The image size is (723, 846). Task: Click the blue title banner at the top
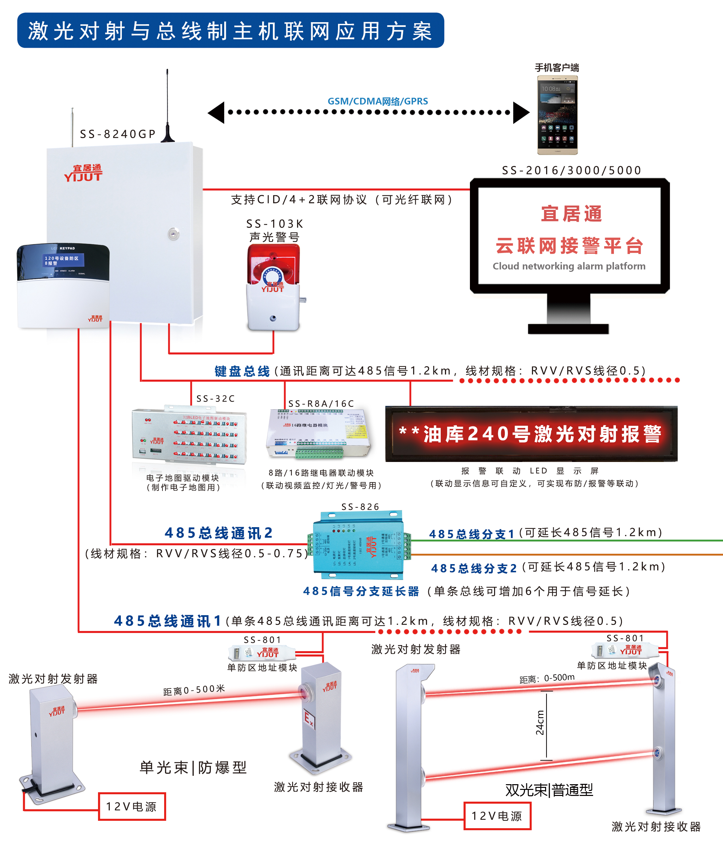[231, 31]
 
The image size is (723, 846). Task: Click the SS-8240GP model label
[117, 134]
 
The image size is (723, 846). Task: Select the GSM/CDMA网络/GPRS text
[378, 101]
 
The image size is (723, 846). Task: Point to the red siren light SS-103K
[274, 286]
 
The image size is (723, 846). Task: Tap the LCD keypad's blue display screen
[62, 260]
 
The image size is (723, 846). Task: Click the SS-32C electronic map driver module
[190, 435]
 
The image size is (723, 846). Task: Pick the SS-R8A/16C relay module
[319, 433]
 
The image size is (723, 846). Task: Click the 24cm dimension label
[540, 723]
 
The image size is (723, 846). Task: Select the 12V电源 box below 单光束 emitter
[132, 806]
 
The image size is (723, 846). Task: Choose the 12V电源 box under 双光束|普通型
[497, 816]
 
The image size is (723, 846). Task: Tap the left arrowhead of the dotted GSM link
[216, 112]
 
